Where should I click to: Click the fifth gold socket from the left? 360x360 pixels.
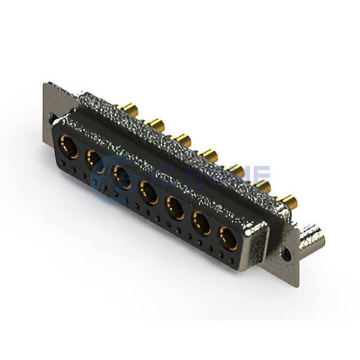175,208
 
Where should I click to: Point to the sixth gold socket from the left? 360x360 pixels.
202,224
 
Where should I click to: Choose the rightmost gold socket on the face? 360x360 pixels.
228,238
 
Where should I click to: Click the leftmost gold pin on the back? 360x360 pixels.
129,109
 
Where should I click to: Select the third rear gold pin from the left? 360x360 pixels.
182,140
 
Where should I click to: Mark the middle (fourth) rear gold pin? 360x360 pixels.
209,155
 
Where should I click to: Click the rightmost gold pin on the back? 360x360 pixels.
289,200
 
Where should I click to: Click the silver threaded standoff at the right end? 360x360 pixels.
313,236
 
